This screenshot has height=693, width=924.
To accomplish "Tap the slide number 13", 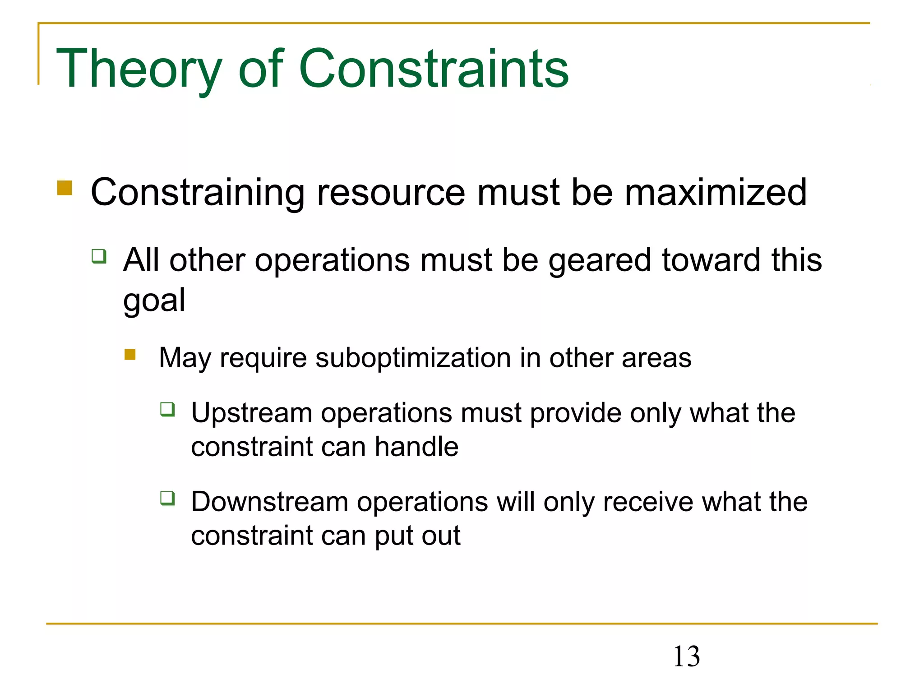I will point(686,656).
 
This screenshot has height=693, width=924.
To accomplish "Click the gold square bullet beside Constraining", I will point(65,188).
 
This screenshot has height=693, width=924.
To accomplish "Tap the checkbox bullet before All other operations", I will point(99,256).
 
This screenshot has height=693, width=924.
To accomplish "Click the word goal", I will point(154,301).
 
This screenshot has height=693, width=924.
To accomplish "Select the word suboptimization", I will point(413,358).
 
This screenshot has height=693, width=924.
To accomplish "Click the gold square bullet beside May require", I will point(130,355).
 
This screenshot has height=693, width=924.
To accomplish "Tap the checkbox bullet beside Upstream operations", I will point(168,409).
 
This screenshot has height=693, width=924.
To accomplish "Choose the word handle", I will point(416,447).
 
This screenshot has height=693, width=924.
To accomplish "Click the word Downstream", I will point(270,502).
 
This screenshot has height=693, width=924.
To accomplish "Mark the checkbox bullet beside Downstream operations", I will point(168,499).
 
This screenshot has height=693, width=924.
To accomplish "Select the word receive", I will point(648,502).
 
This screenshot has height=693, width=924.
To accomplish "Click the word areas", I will point(656,358).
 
